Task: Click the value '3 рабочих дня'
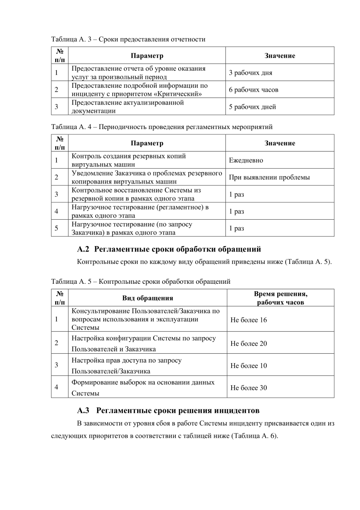point(250,73)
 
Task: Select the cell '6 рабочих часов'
point(253,90)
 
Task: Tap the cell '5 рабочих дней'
point(252,107)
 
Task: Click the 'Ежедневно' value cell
point(246,160)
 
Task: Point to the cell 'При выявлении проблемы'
point(269,177)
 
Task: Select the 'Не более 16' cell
point(248,320)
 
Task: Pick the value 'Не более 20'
point(248,343)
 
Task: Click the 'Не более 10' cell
point(248,365)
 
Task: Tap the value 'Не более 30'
point(248,388)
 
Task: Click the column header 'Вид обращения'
point(147,298)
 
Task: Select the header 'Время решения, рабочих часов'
point(280,298)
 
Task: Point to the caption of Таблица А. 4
point(162,127)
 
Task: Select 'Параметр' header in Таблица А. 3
point(147,56)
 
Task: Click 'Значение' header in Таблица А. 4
point(280,143)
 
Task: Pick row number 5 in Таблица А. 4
point(56,228)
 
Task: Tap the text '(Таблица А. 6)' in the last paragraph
point(254,436)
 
